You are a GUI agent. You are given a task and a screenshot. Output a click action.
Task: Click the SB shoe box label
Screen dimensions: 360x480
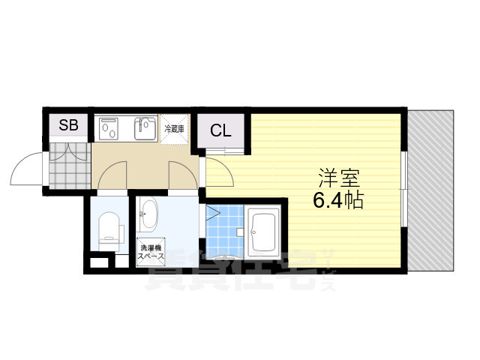(68, 126)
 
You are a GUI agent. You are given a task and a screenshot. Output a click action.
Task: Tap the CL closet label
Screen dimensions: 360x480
(220, 130)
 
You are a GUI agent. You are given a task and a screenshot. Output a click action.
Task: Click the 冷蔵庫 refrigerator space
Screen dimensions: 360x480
(175, 129)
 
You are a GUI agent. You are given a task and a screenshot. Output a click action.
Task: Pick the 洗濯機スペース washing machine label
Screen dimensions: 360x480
(149, 252)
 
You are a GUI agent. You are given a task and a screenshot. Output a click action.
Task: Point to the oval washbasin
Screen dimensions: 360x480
(148, 215)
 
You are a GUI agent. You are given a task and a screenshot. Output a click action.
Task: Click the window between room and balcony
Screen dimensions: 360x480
(405, 191)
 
